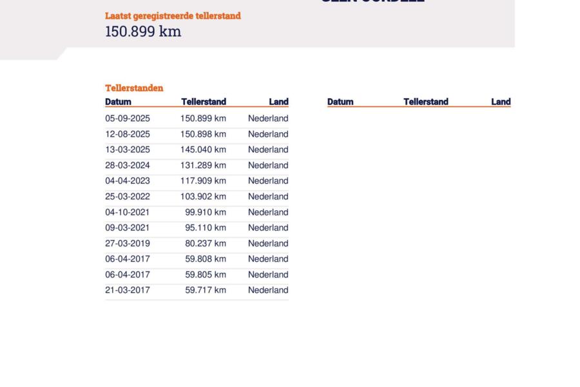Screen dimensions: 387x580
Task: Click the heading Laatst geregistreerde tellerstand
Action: (173, 15)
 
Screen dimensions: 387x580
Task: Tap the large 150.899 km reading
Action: (143, 32)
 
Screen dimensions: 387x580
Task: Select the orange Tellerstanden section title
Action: (134, 88)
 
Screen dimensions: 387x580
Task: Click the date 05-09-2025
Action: (128, 119)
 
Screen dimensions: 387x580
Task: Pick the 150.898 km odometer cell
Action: (203, 134)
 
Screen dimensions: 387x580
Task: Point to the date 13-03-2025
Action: (128, 150)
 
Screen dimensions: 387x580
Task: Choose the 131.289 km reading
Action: (203, 165)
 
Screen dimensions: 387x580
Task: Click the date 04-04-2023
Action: (128, 181)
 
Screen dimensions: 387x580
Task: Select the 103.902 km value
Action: (203, 197)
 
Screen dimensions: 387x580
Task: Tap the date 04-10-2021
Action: (128, 212)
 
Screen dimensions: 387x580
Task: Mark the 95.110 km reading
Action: (206, 228)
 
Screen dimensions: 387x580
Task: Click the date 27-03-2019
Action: (128, 243)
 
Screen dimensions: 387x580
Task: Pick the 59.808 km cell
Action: (206, 259)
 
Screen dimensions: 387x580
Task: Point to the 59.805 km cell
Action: (206, 275)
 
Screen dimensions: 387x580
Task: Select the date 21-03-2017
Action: (128, 290)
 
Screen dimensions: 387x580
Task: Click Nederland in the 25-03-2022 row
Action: (268, 197)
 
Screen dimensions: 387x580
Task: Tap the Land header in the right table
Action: (501, 102)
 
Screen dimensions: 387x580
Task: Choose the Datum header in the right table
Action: (340, 102)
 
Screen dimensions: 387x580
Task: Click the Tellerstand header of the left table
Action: (204, 102)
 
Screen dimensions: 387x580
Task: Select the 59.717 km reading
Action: (206, 290)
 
